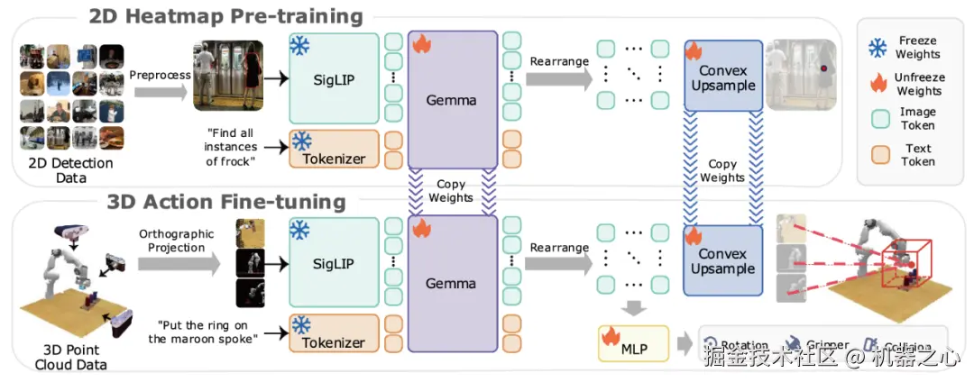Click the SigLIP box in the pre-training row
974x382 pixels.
(333, 78)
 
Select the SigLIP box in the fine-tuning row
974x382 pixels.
(333, 264)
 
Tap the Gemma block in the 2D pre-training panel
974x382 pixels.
(451, 99)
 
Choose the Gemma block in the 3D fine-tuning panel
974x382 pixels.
(451, 283)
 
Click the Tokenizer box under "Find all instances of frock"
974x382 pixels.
(333, 149)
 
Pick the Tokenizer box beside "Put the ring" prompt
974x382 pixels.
(333, 332)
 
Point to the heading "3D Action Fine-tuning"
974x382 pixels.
(225, 201)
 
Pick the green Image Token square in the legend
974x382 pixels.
(875, 119)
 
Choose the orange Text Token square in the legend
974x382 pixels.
(875, 155)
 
